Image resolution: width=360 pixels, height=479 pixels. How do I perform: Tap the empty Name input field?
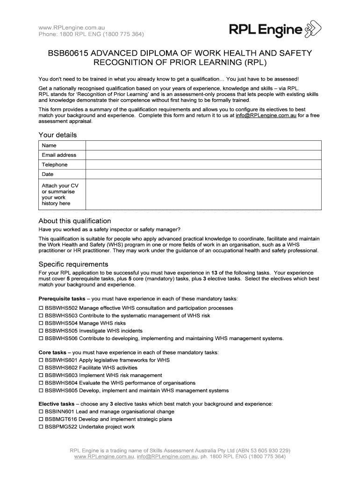[x=203, y=145]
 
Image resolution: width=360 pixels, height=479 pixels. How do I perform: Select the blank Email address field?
[x=203, y=155]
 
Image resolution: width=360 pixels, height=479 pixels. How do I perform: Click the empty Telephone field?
[x=203, y=165]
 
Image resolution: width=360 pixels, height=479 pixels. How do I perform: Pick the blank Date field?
[x=203, y=174]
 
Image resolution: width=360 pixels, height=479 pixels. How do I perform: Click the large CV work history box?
[x=203, y=195]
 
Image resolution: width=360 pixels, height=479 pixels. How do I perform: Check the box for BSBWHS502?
[x=41, y=308]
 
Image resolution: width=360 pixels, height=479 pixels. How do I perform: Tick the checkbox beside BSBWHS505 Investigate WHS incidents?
[x=41, y=331]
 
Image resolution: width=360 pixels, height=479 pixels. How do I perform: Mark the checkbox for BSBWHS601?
[x=41, y=360]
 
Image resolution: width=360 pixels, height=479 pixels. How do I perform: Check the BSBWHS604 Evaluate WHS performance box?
[x=41, y=383]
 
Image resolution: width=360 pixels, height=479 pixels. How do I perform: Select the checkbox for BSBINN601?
[x=41, y=412]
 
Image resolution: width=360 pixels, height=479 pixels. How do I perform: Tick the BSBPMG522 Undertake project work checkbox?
[x=41, y=427]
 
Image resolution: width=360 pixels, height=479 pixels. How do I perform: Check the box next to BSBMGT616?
[x=41, y=419]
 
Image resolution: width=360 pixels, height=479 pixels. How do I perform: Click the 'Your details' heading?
[x=58, y=135]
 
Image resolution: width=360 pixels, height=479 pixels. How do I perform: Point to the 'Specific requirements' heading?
[x=73, y=264]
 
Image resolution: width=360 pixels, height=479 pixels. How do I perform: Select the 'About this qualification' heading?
[x=75, y=221]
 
